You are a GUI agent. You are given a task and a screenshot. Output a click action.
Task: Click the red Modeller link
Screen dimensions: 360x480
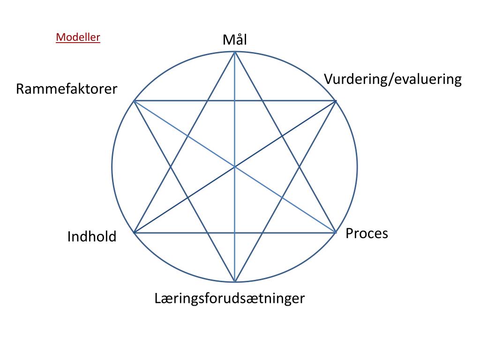78,37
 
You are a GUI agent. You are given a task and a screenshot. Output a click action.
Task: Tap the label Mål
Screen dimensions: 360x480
234,40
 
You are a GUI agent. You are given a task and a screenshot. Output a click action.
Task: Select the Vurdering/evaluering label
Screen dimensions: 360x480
393,79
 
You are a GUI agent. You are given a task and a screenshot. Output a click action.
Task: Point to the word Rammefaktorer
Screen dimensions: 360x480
67,89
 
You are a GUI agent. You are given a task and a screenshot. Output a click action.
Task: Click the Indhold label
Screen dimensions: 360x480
92,237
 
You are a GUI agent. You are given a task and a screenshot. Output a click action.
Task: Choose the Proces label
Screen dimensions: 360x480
367,233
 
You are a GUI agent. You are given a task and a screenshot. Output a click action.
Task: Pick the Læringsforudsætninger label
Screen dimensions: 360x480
230,298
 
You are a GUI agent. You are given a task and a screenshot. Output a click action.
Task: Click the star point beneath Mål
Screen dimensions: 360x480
234,52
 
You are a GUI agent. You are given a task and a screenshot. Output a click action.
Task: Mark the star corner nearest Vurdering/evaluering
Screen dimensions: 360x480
336,101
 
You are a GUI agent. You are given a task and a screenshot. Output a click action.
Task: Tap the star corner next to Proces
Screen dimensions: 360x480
336,232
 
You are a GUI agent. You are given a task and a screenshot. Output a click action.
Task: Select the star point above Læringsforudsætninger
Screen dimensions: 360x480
235,282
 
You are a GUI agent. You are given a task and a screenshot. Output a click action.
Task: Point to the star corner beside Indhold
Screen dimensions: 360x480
134,232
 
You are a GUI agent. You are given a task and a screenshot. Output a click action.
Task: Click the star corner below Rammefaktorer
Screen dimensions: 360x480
134,101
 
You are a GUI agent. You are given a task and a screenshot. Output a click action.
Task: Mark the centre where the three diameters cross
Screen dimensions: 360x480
235,166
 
